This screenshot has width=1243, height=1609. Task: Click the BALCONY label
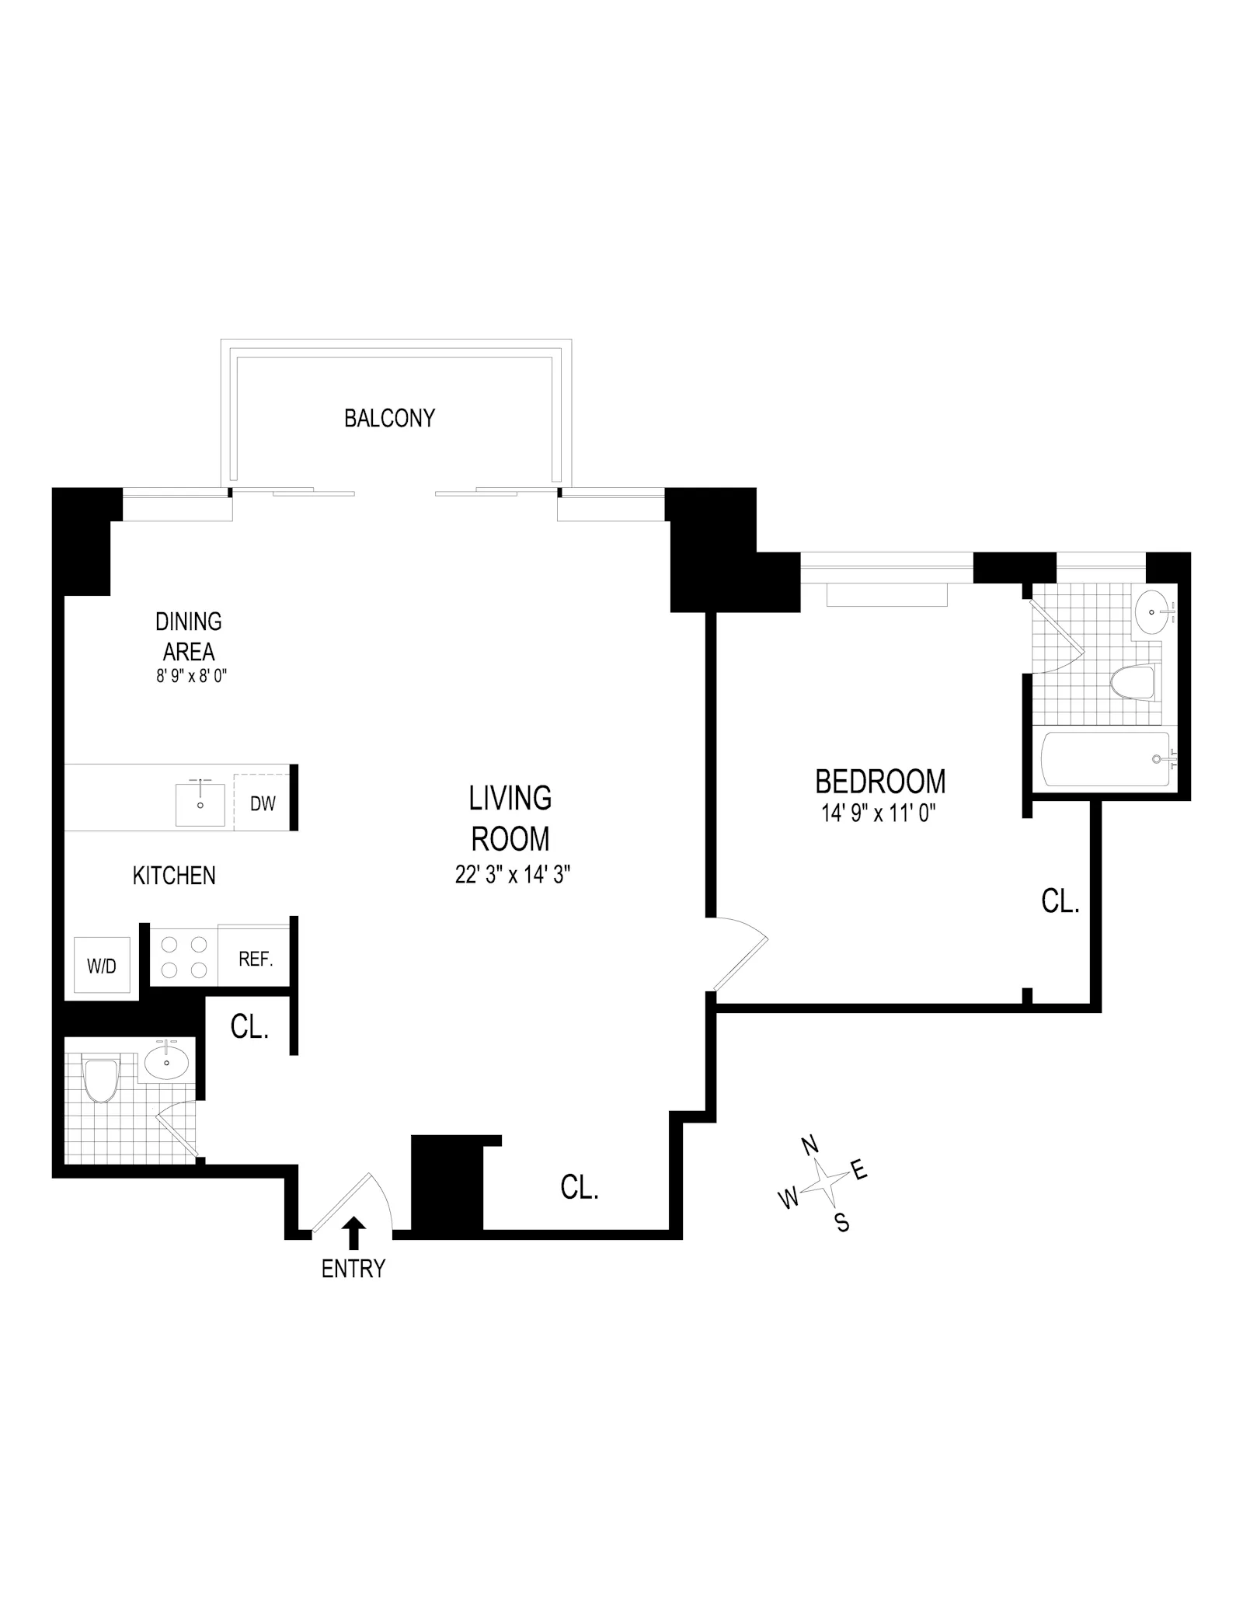389,418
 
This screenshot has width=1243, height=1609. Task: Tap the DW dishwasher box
263,803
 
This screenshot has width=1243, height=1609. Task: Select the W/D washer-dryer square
101,966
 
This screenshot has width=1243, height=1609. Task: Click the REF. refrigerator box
256,959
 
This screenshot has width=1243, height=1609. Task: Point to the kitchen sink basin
200,805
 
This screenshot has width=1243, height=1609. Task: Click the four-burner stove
183,957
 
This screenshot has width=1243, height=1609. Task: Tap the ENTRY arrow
353,1233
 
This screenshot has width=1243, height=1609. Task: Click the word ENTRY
353,1269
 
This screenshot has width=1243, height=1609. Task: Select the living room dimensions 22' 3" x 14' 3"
513,875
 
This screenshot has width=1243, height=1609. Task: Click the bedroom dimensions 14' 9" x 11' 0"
879,813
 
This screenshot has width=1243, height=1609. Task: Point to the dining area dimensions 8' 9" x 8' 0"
191,676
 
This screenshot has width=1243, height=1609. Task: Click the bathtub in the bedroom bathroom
1105,758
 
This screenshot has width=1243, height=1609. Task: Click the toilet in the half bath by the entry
100,1079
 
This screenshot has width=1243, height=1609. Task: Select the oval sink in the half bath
166,1061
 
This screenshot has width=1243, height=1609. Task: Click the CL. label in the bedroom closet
1060,901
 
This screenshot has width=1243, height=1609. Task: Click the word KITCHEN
174,876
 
